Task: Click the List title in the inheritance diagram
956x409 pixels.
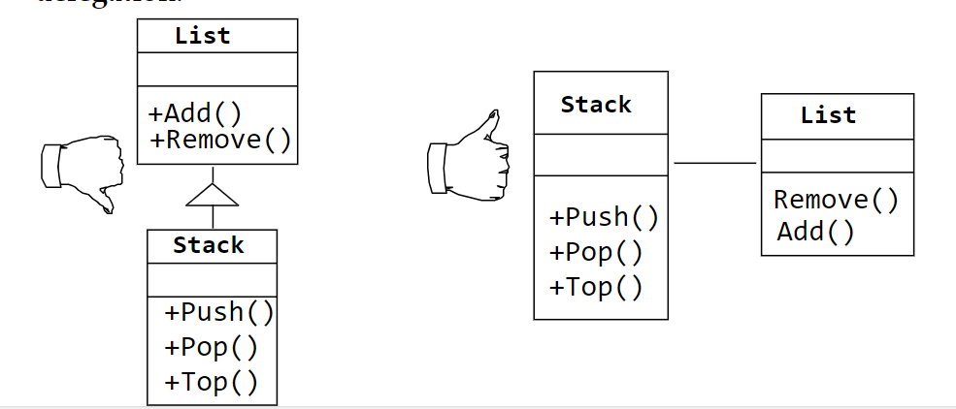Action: point(203,36)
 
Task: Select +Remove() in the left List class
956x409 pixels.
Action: point(221,140)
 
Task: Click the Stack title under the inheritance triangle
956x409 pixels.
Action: point(209,245)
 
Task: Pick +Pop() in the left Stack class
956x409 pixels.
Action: point(211,347)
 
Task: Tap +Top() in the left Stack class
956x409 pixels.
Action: point(211,382)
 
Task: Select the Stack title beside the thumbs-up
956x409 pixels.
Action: point(596,104)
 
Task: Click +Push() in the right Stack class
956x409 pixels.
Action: point(604,217)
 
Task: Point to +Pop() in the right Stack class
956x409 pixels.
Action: point(595,253)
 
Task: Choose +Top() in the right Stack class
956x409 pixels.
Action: point(595,288)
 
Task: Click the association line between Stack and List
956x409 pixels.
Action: point(715,163)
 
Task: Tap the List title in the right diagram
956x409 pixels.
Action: point(828,115)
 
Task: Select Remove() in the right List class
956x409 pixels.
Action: point(836,200)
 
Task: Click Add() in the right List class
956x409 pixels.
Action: point(815,232)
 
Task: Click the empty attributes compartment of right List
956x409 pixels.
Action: point(837,155)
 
